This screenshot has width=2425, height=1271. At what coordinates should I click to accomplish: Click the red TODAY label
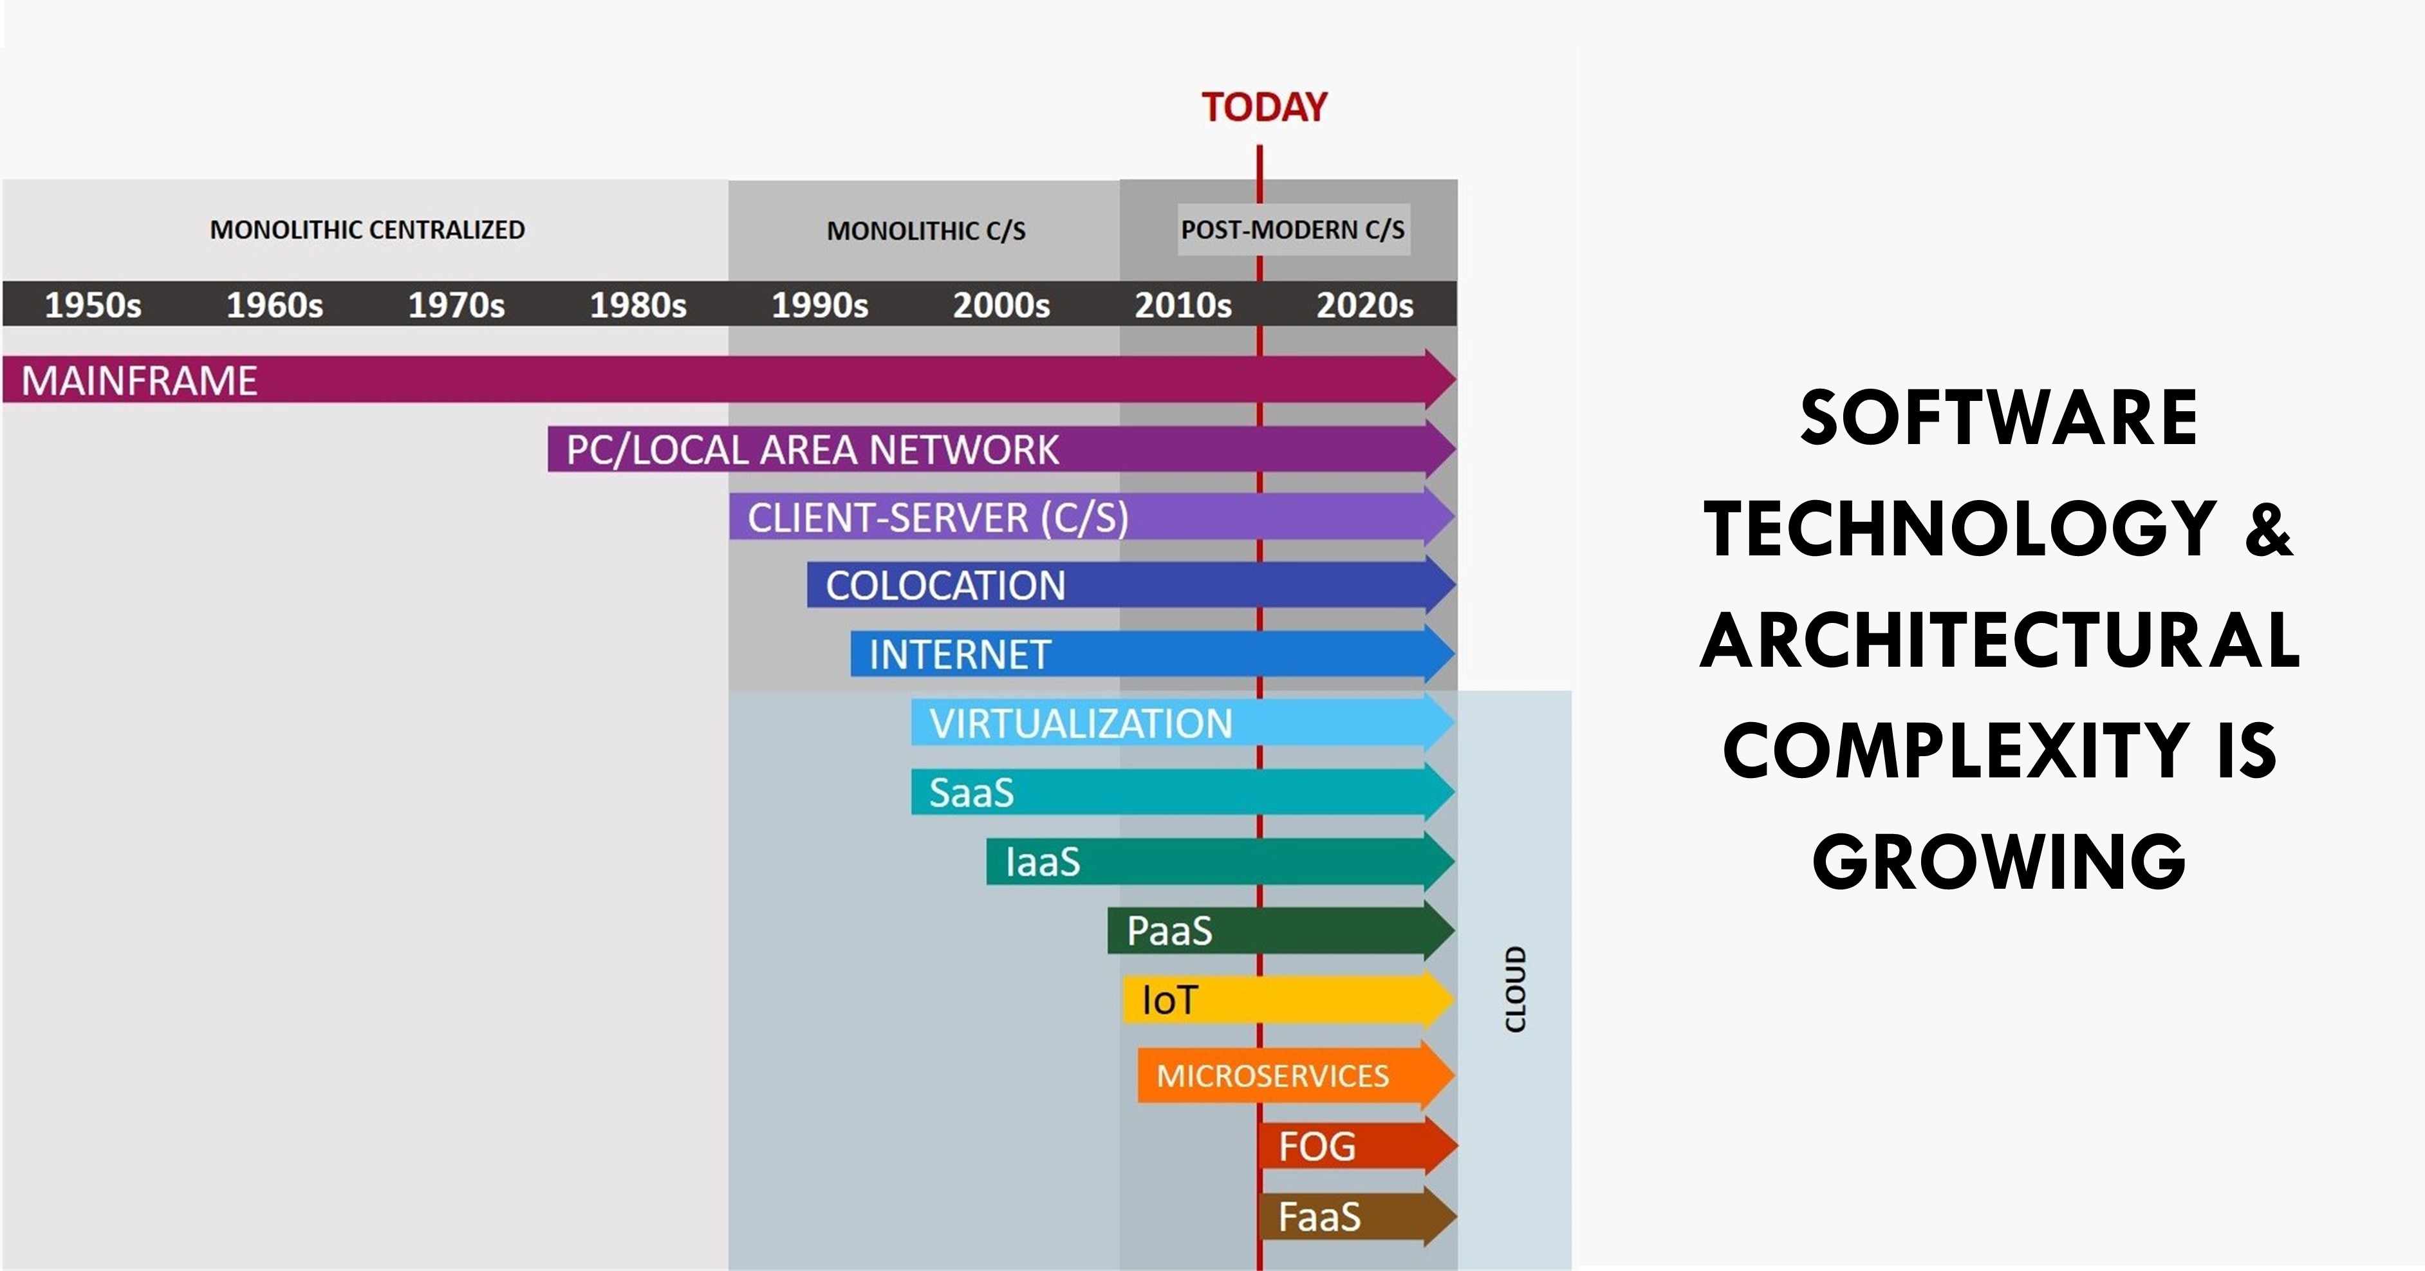coord(1263,107)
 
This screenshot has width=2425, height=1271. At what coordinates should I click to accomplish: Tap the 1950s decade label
coord(93,305)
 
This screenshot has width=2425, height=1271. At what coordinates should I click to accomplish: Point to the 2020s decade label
coord(1364,305)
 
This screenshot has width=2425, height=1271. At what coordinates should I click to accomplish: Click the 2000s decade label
coord(1001,305)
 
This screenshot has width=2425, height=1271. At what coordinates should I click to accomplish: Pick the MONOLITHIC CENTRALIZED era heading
coord(367,230)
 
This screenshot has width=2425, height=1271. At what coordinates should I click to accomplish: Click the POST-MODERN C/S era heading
coord(1292,230)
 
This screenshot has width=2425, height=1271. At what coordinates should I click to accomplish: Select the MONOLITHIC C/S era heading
coord(925,230)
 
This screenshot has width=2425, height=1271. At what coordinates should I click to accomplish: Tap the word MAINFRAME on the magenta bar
coord(139,380)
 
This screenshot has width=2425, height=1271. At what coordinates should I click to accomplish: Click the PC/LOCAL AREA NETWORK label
coord(812,450)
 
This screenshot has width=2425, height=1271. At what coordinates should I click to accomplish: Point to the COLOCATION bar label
coord(945,586)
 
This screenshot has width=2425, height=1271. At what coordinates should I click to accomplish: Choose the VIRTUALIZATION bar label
coord(1080,724)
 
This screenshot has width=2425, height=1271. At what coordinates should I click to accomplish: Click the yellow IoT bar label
coord(1169,1000)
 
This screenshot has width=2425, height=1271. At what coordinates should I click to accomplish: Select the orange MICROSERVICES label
coord(1272,1075)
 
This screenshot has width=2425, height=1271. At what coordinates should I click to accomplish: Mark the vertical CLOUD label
coord(1516,988)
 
